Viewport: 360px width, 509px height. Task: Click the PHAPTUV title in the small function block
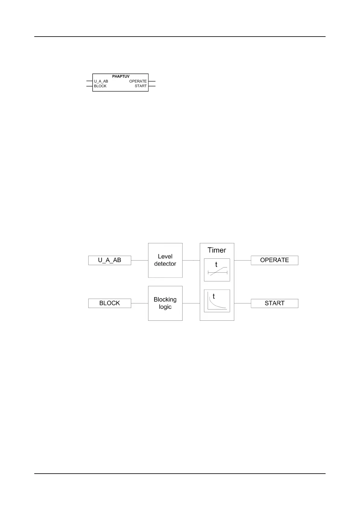pos(121,76)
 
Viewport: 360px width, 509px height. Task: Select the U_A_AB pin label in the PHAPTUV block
pos(101,81)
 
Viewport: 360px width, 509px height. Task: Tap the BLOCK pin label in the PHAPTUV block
pos(100,86)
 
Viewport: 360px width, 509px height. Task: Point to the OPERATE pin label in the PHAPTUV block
pos(138,81)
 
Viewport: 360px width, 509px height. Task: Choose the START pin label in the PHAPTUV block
pos(141,86)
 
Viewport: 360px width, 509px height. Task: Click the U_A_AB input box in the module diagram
pos(109,260)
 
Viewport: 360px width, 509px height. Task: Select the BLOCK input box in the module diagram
pos(109,303)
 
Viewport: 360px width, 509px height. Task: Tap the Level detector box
pos(165,260)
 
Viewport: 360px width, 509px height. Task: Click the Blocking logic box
pos(165,303)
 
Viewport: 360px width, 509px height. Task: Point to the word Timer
pos(217,250)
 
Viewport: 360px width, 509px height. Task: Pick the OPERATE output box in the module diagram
pos(274,260)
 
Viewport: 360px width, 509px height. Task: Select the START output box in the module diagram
pos(274,303)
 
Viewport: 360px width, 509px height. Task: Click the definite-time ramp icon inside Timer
pos(217,270)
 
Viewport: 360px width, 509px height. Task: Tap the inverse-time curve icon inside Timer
pos(217,301)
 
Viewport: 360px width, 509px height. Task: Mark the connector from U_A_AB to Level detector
pos(139,260)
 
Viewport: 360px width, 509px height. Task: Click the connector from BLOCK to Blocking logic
pos(139,303)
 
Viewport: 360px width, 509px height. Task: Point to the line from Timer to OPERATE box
pos(242,260)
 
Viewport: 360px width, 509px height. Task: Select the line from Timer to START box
pos(242,303)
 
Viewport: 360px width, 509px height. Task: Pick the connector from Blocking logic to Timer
pos(191,303)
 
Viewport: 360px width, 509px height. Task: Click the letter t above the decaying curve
pos(214,297)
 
